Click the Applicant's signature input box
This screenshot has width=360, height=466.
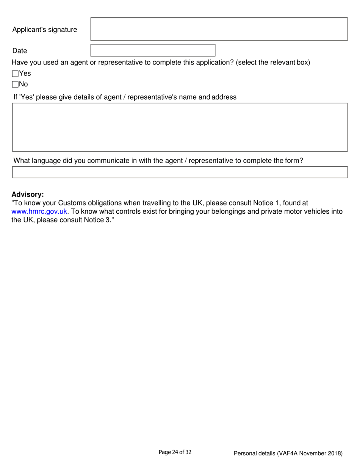[x=219, y=29]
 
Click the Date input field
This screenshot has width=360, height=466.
[x=153, y=50]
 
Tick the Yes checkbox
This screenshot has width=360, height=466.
[x=16, y=74]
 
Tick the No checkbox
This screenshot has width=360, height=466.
[x=16, y=84]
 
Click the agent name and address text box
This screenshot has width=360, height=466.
[x=180, y=127]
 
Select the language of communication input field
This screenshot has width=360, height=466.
[x=180, y=172]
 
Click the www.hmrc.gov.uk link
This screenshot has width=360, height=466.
[x=39, y=211]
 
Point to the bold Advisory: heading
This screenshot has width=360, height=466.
[x=28, y=194]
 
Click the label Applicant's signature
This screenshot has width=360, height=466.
[x=44, y=30]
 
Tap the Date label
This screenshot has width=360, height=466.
[x=20, y=51]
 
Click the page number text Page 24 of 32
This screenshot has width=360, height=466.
[x=175, y=452]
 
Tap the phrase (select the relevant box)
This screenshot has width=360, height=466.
[x=273, y=63]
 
